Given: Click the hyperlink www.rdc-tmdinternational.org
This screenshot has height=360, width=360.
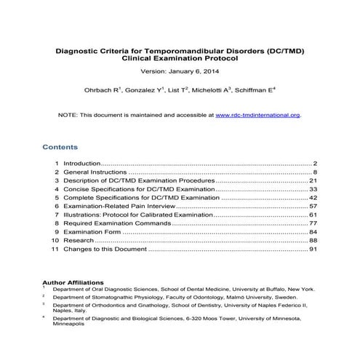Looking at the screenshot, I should point(258,115).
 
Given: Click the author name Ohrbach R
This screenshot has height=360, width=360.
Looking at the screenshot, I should point(103,91).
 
